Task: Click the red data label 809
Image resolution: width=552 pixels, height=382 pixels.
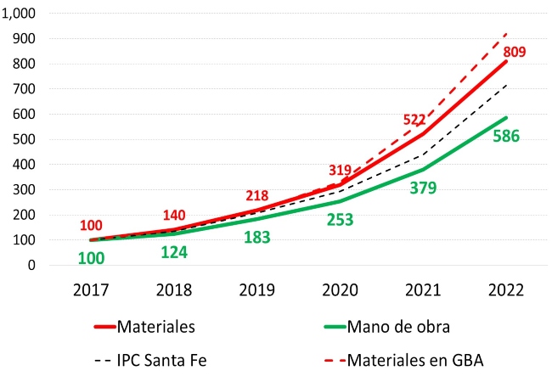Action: click(512, 52)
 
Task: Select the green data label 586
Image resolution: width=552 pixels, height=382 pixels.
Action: click(508, 136)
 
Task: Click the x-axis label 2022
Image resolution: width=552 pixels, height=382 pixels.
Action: click(506, 289)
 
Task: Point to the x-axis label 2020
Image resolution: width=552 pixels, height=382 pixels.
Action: click(340, 289)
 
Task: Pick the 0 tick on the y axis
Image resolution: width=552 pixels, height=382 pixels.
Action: click(52, 265)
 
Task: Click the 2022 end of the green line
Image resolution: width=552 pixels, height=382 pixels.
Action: click(506, 118)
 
